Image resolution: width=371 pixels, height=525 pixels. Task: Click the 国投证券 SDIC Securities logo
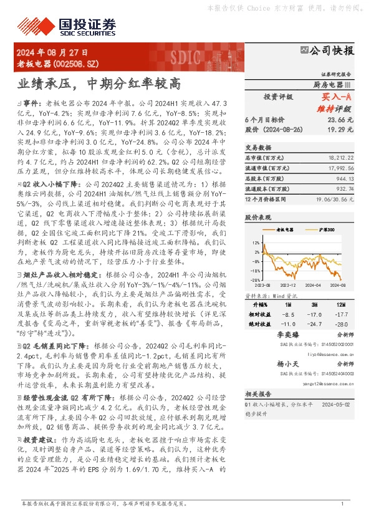[85, 26]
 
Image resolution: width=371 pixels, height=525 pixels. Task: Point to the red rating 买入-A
[338, 97]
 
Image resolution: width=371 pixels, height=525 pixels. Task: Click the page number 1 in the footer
[342, 503]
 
